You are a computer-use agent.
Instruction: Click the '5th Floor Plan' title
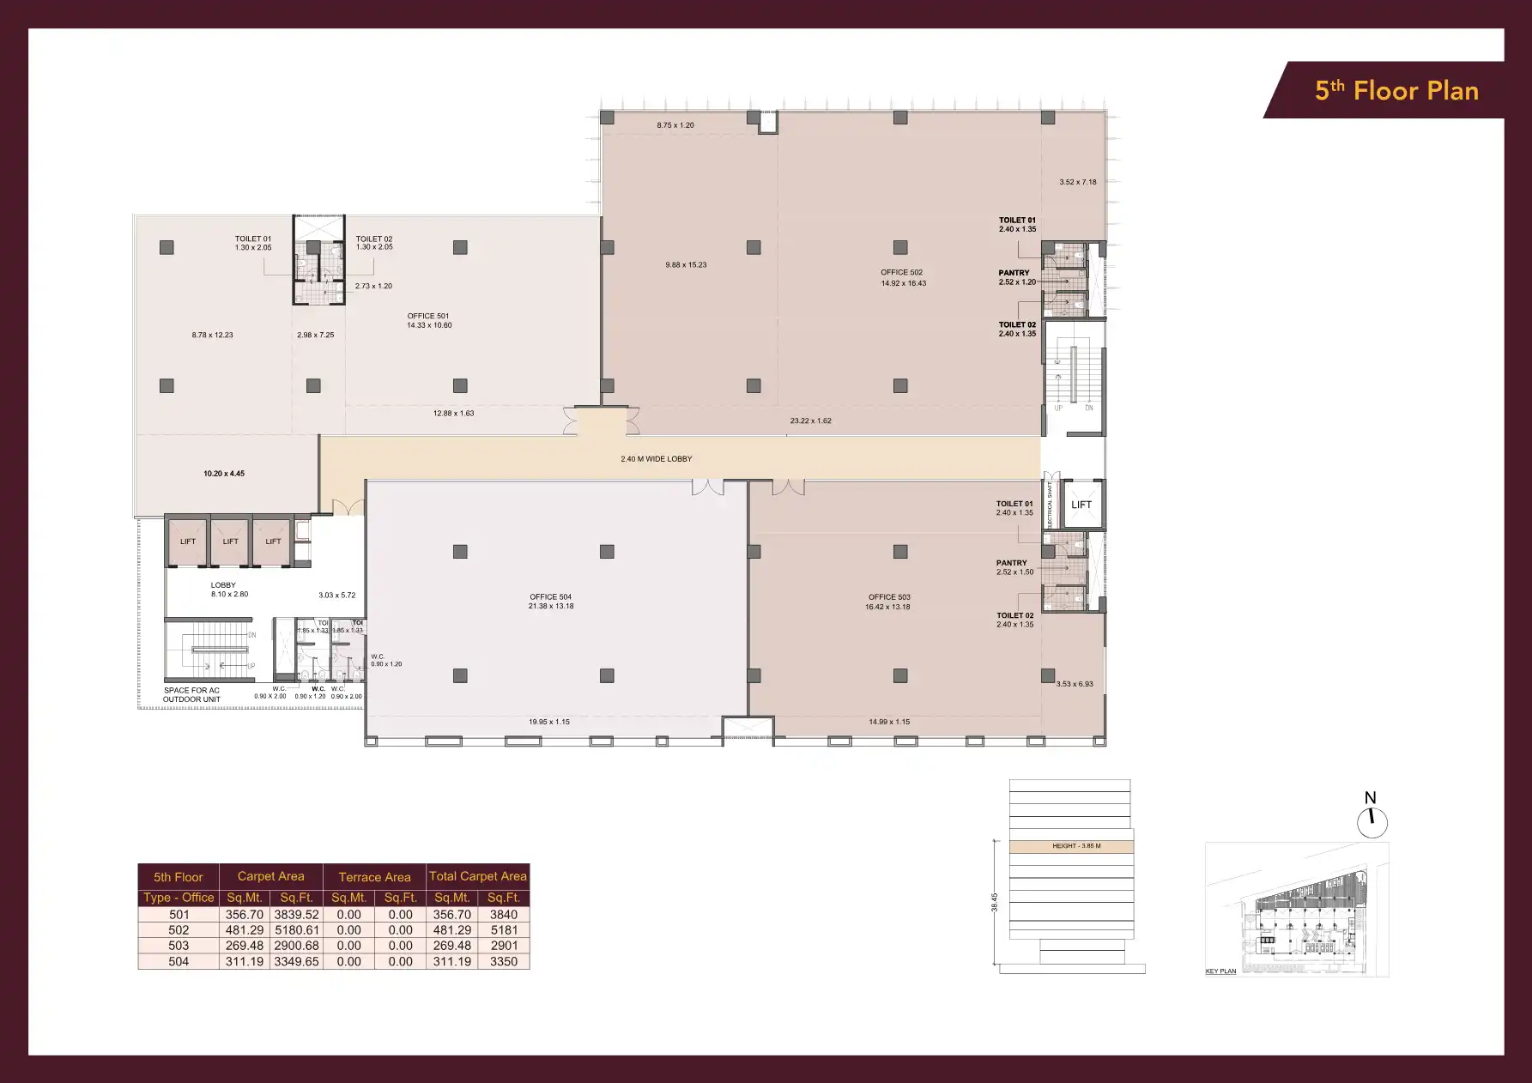pos(1396,91)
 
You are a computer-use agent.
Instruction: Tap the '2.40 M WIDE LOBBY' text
pos(656,459)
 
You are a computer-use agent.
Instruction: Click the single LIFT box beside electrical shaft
pos(1081,505)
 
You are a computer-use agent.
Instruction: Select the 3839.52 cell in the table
pos(296,915)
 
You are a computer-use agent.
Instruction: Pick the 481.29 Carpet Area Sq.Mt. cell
pos(244,930)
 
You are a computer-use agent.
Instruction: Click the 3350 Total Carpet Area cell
pos(503,962)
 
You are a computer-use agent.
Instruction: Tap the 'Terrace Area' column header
pos(374,877)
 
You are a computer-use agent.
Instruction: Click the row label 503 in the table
pos(179,946)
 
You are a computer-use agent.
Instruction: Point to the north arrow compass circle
pos(1372,823)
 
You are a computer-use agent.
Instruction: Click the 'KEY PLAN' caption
pos(1220,971)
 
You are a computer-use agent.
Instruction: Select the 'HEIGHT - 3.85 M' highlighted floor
pos(1075,846)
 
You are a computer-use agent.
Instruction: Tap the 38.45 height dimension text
pos(995,902)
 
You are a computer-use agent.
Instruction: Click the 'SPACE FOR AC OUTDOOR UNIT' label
pos(191,695)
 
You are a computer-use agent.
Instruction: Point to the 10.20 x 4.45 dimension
pos(224,474)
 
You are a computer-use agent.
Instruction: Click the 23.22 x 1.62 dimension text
pos(810,421)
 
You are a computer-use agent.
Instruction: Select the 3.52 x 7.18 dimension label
pos(1077,182)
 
